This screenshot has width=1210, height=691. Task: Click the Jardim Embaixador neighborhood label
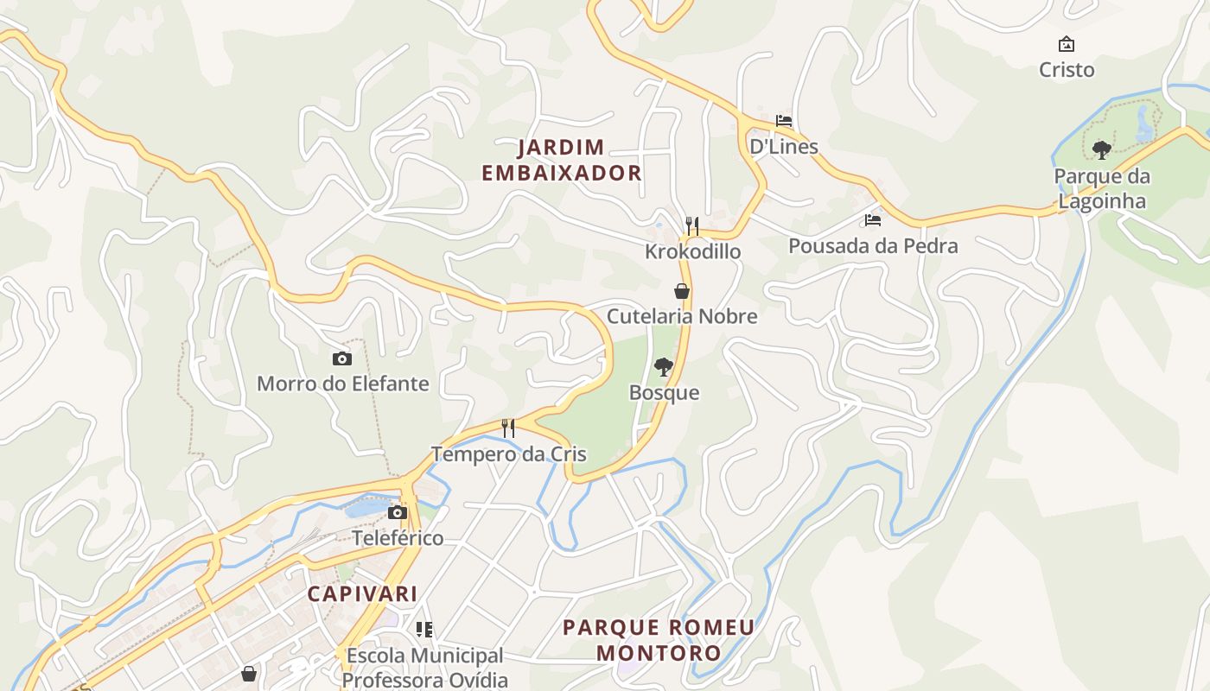(561, 160)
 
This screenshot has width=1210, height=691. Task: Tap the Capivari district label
(363, 593)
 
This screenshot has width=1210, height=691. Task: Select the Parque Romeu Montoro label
(659, 639)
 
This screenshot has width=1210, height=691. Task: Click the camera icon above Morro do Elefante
(342, 358)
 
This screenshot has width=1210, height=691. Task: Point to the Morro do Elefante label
(343, 383)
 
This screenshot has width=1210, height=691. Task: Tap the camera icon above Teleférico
(398, 512)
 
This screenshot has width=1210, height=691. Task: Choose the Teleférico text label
(398, 538)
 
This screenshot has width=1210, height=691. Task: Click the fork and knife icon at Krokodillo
(692, 226)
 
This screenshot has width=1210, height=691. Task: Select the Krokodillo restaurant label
(692, 251)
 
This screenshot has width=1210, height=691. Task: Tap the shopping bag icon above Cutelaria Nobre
(682, 291)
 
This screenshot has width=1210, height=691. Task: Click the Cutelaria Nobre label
(682, 316)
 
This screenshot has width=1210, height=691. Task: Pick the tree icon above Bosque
(664, 367)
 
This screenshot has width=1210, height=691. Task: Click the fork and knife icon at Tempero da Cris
(508, 428)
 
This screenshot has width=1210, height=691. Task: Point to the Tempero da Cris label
(508, 454)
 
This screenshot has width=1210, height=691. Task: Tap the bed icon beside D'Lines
(784, 121)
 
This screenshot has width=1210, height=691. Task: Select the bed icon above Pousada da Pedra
(873, 220)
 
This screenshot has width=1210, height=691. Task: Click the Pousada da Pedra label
(873, 246)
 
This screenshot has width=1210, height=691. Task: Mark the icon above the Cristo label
(1067, 44)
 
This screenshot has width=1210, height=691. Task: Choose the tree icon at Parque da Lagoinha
(1102, 150)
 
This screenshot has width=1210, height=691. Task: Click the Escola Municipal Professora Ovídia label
(424, 667)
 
